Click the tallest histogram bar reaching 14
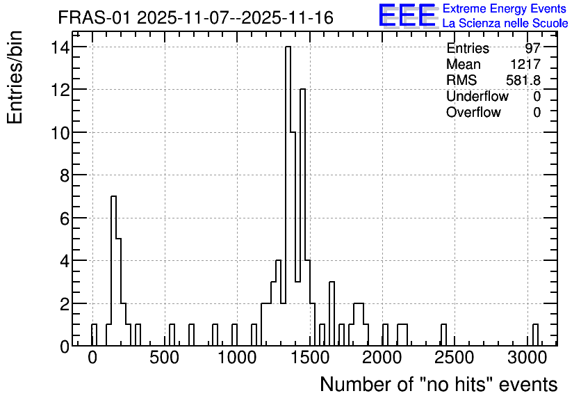(288, 196)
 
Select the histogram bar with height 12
(302, 217)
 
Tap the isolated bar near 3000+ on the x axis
(535, 335)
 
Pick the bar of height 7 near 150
(114, 271)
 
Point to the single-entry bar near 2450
(443, 335)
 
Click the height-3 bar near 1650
(332, 314)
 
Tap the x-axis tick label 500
(165, 358)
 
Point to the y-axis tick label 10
(60, 132)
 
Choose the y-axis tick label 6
(65, 218)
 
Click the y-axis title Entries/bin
(15, 77)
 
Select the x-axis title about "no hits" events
(439, 384)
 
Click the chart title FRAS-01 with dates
(196, 18)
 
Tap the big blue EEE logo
(407, 15)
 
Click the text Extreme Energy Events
(505, 8)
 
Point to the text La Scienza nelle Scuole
(505, 24)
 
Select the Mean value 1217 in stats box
(525, 64)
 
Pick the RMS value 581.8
(523, 80)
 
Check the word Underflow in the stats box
(477, 96)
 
